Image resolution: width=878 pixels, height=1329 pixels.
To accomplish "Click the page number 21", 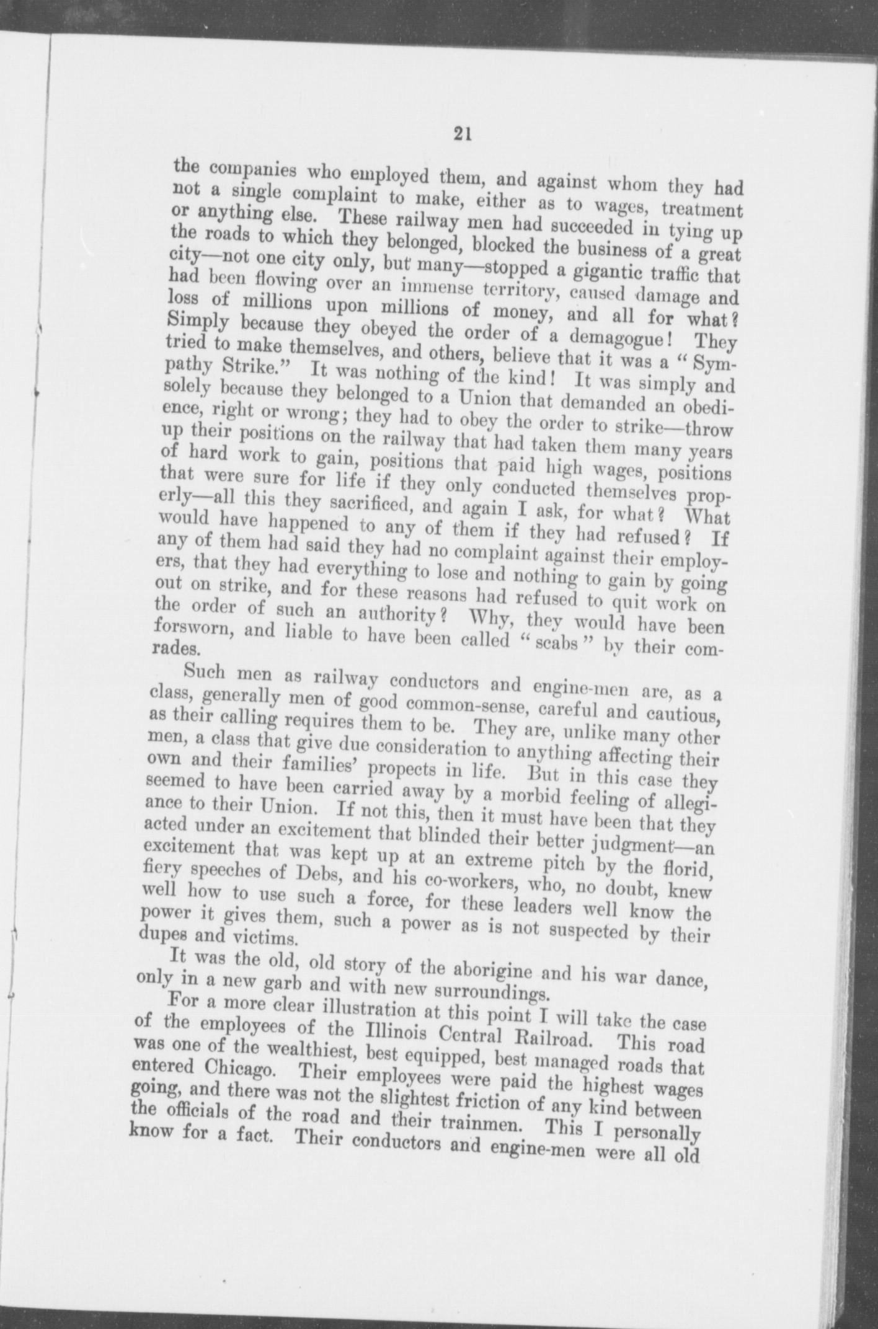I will click(x=461, y=133).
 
